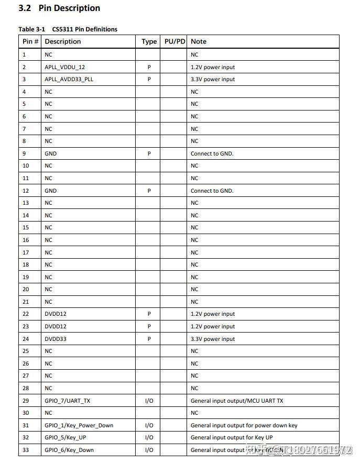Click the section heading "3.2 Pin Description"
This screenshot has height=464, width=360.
click(x=59, y=8)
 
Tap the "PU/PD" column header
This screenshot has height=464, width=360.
click(x=174, y=41)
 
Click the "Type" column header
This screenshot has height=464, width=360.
click(x=149, y=41)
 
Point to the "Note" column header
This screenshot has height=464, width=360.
click(x=199, y=41)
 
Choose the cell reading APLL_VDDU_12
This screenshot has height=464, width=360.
click(x=64, y=67)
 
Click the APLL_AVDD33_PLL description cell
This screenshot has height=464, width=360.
click(x=69, y=80)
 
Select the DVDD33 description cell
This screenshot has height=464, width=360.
click(x=56, y=339)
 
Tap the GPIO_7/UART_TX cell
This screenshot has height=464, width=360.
click(x=67, y=401)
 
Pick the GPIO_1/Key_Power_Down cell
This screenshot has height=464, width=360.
click(x=79, y=425)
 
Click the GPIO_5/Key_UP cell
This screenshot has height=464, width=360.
click(x=65, y=437)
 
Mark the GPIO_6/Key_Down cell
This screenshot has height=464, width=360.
click(x=69, y=450)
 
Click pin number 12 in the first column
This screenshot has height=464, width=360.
click(x=26, y=191)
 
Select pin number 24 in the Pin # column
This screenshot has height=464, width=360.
click(x=26, y=339)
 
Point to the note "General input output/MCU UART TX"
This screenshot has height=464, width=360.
click(x=237, y=401)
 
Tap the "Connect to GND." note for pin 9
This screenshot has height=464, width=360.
click(x=212, y=153)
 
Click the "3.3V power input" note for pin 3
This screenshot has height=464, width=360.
click(x=213, y=80)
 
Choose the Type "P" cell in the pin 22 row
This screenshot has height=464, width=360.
click(x=149, y=314)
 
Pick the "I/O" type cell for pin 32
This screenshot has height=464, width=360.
click(x=149, y=437)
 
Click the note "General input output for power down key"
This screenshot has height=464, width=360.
click(x=244, y=425)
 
